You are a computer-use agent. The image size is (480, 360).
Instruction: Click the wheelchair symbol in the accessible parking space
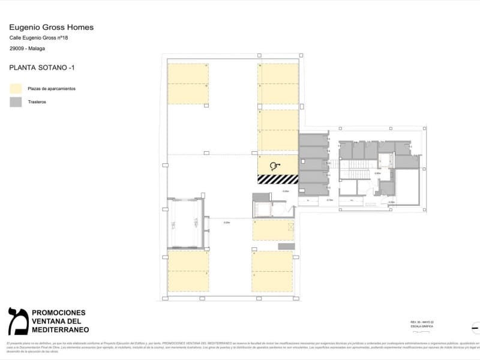point(275,166)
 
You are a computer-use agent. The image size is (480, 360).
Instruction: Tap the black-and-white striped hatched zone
point(278,179)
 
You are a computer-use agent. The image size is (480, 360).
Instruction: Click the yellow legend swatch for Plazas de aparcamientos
point(15,88)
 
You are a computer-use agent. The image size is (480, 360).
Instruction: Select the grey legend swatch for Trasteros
point(15,102)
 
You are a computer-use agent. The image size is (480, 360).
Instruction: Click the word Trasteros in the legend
point(37,102)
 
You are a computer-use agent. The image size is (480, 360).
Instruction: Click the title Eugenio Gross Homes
point(51,27)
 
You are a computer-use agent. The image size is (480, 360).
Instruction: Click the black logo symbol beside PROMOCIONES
point(17,321)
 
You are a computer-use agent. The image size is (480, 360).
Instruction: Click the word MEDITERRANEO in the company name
point(60,330)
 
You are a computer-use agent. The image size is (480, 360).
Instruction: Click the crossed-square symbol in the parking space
point(291,226)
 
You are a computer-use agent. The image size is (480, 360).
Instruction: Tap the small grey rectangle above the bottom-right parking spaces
point(286,246)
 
